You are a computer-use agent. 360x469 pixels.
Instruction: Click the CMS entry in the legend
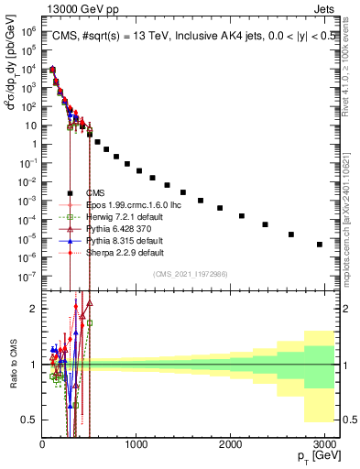tap(94, 192)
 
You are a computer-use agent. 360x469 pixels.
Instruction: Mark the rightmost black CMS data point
tap(319, 245)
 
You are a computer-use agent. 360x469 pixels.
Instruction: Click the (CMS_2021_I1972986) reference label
tap(191, 274)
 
